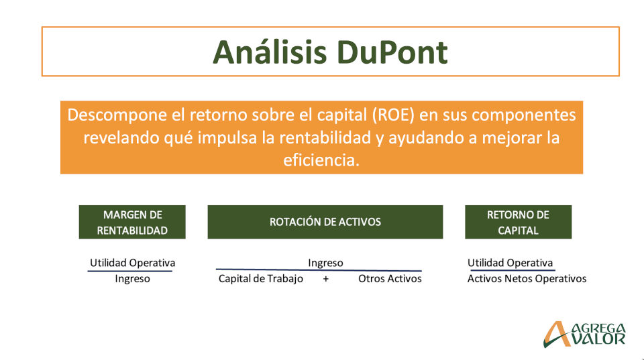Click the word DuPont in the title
pos(392,52)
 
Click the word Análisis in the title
pos(270,52)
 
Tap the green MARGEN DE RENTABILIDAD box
pos(132,222)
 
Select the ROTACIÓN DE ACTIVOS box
pos(325,222)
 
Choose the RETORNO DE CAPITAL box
pos(519,222)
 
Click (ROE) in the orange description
pos(394,115)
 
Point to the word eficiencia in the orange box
pos(321,160)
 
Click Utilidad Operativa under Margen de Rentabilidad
pos(132,263)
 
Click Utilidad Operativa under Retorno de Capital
pos(510,263)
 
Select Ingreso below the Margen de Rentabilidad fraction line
pos(132,279)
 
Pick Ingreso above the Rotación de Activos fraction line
pos(325,263)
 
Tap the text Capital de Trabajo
pos(261,279)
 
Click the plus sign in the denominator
pos(326,279)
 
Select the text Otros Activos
pos(390,279)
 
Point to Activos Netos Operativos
pos(527,279)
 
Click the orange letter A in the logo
pos(557,334)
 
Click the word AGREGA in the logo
pos(599,328)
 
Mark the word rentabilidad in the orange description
pos(325,138)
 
